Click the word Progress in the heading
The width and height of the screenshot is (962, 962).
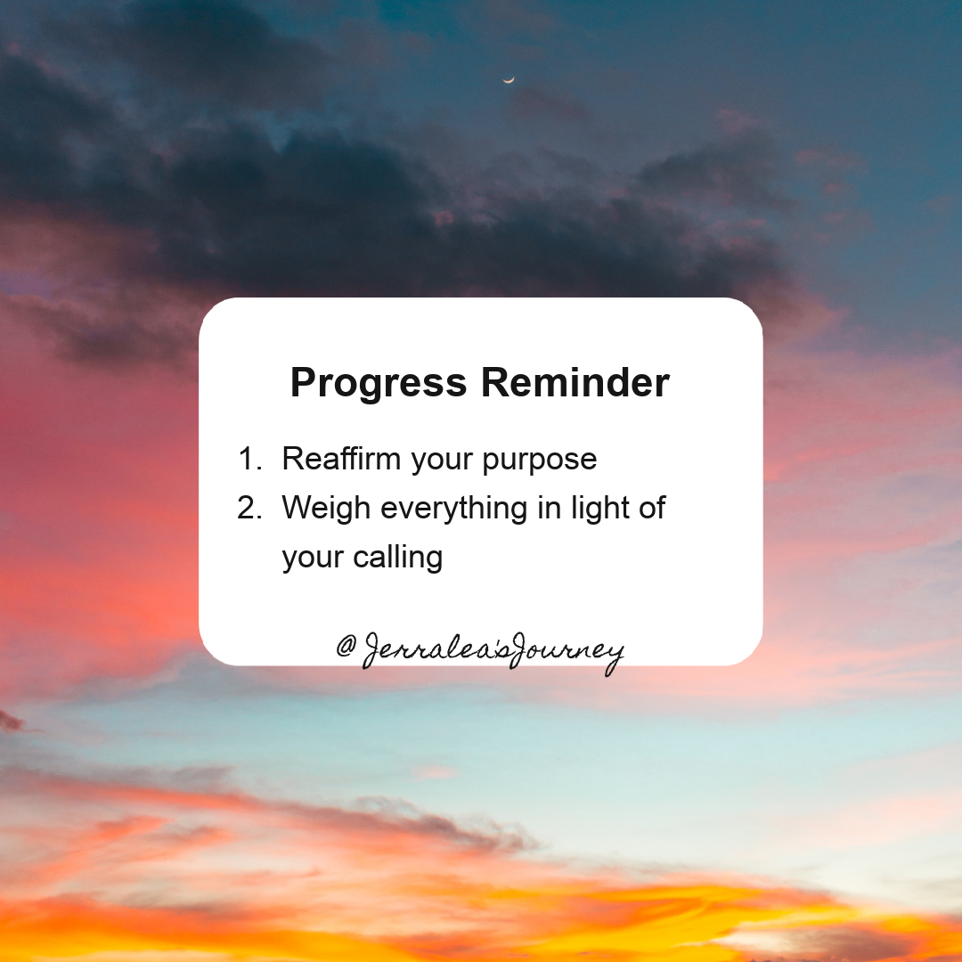point(378,384)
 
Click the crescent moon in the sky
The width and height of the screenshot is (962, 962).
point(509,80)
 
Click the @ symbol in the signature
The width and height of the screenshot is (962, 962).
point(347,647)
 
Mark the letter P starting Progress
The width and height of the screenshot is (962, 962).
point(304,383)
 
